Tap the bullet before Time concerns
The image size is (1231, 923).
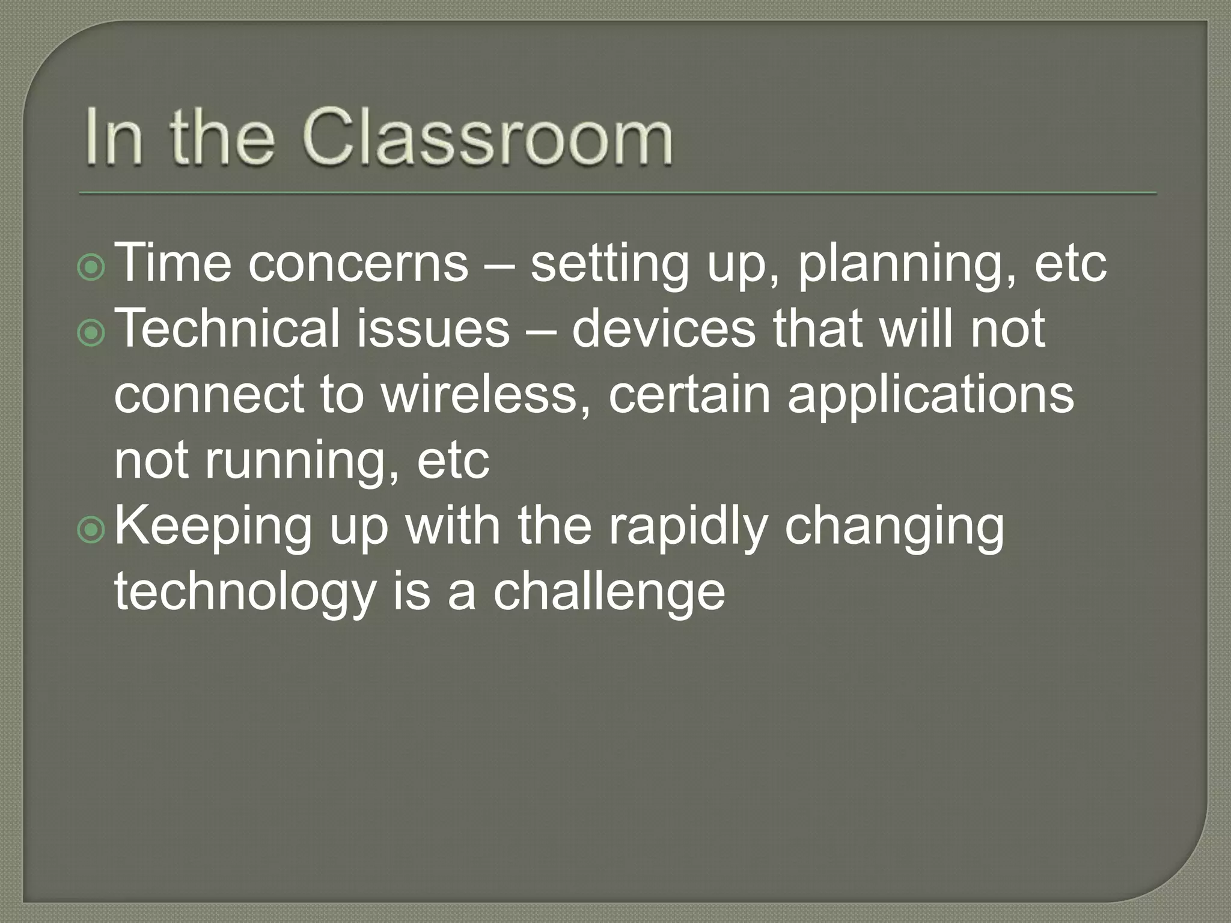coord(92,269)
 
